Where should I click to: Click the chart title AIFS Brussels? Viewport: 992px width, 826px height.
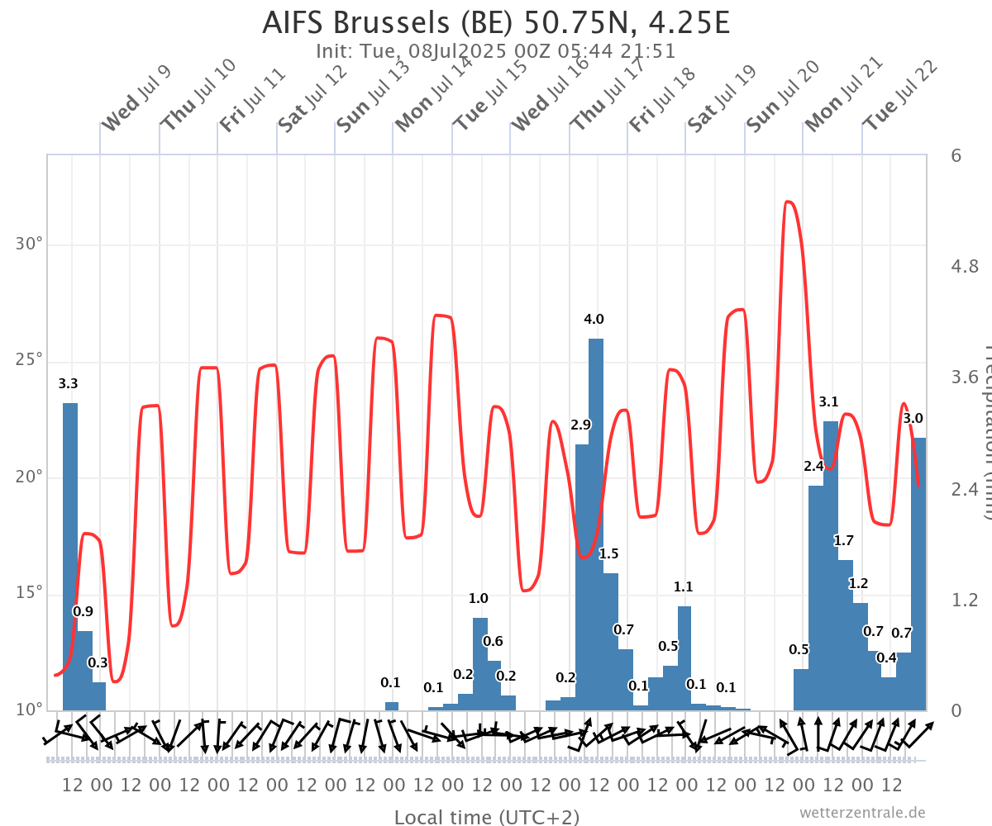[x=496, y=22]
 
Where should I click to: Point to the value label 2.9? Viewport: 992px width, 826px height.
[x=581, y=425]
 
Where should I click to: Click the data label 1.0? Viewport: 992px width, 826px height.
[x=479, y=598]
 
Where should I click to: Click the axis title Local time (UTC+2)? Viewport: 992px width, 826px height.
[x=486, y=817]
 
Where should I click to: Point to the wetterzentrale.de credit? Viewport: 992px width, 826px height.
[x=861, y=813]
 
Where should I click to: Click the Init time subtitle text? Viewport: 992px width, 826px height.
[x=496, y=51]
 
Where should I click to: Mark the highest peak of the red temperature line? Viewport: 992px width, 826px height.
[x=788, y=201]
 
